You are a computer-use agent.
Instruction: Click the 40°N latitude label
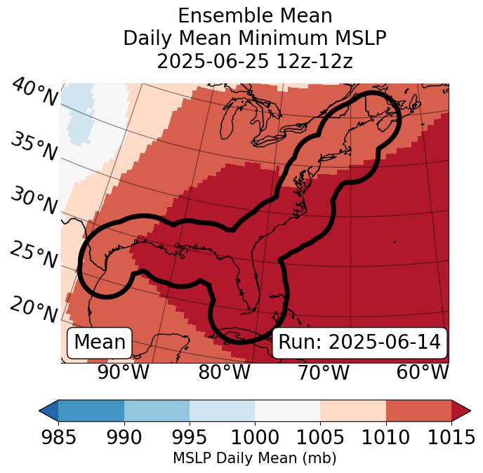pos(34,93)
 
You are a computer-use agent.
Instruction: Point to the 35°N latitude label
pos(34,146)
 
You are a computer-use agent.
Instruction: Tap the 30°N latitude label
pos(34,201)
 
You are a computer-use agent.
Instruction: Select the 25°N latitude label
pos(34,255)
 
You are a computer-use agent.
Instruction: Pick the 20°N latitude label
pos(34,309)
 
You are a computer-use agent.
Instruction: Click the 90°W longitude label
pos(123,372)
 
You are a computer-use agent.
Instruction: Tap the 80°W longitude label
pos(224,372)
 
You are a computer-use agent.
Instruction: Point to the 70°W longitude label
pos(323,372)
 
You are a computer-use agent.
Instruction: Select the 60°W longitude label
pos(422,372)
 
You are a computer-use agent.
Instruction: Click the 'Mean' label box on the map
pos(100,342)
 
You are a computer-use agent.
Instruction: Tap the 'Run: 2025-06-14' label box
pos(359,342)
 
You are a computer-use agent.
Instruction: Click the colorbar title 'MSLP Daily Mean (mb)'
pos(254,459)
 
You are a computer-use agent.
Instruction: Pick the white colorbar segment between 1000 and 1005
pos(287,411)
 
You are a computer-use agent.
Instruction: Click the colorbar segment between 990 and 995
pos(157,411)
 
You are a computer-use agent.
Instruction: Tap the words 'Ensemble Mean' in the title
pos(255,15)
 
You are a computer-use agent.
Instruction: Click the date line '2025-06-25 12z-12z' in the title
pos(255,61)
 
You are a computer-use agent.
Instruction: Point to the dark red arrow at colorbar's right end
pos(461,411)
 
